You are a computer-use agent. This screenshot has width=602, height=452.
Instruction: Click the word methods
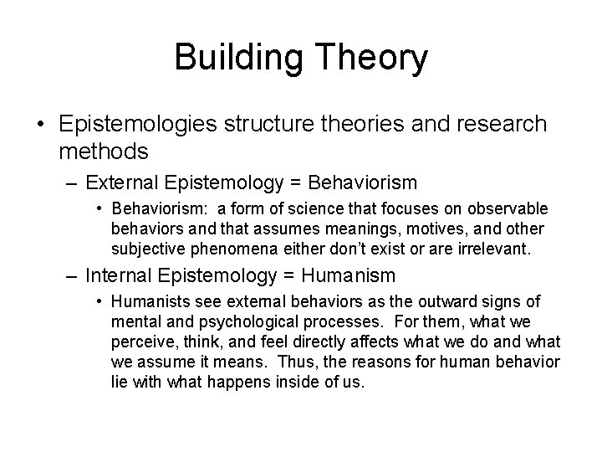click(104, 152)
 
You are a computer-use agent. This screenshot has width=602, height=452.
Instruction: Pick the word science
click(307, 208)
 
